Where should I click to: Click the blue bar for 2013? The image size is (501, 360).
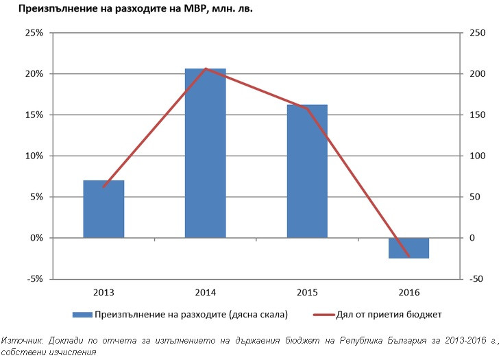103,208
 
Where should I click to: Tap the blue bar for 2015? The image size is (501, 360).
307,171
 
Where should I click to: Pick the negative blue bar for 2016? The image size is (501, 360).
409,248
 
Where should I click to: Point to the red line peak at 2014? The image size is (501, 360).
205,69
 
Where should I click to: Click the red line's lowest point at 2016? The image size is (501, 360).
409,257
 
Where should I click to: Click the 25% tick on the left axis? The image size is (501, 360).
34,33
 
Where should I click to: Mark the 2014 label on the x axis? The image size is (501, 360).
205,293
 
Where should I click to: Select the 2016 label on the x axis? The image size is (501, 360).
409,293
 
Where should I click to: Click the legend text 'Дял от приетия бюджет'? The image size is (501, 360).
389,315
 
